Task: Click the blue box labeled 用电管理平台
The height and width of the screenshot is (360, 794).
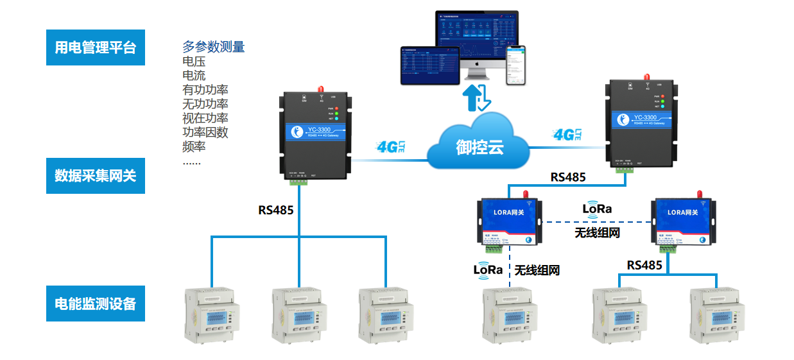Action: click(96, 47)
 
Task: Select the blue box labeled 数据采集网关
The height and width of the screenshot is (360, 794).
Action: click(96, 175)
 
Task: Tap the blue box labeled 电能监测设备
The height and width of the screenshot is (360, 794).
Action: click(96, 304)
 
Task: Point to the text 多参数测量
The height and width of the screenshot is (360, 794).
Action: click(214, 47)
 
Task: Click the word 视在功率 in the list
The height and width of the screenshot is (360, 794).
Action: click(205, 118)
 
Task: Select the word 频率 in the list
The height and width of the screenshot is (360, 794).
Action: click(194, 147)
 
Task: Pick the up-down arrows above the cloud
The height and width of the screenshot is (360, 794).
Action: click(478, 96)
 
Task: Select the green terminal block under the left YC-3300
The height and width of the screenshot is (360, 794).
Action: click(298, 182)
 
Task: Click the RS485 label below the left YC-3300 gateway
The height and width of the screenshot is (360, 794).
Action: click(276, 210)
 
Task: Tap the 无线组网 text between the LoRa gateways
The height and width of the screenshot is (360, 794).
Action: click(597, 232)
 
